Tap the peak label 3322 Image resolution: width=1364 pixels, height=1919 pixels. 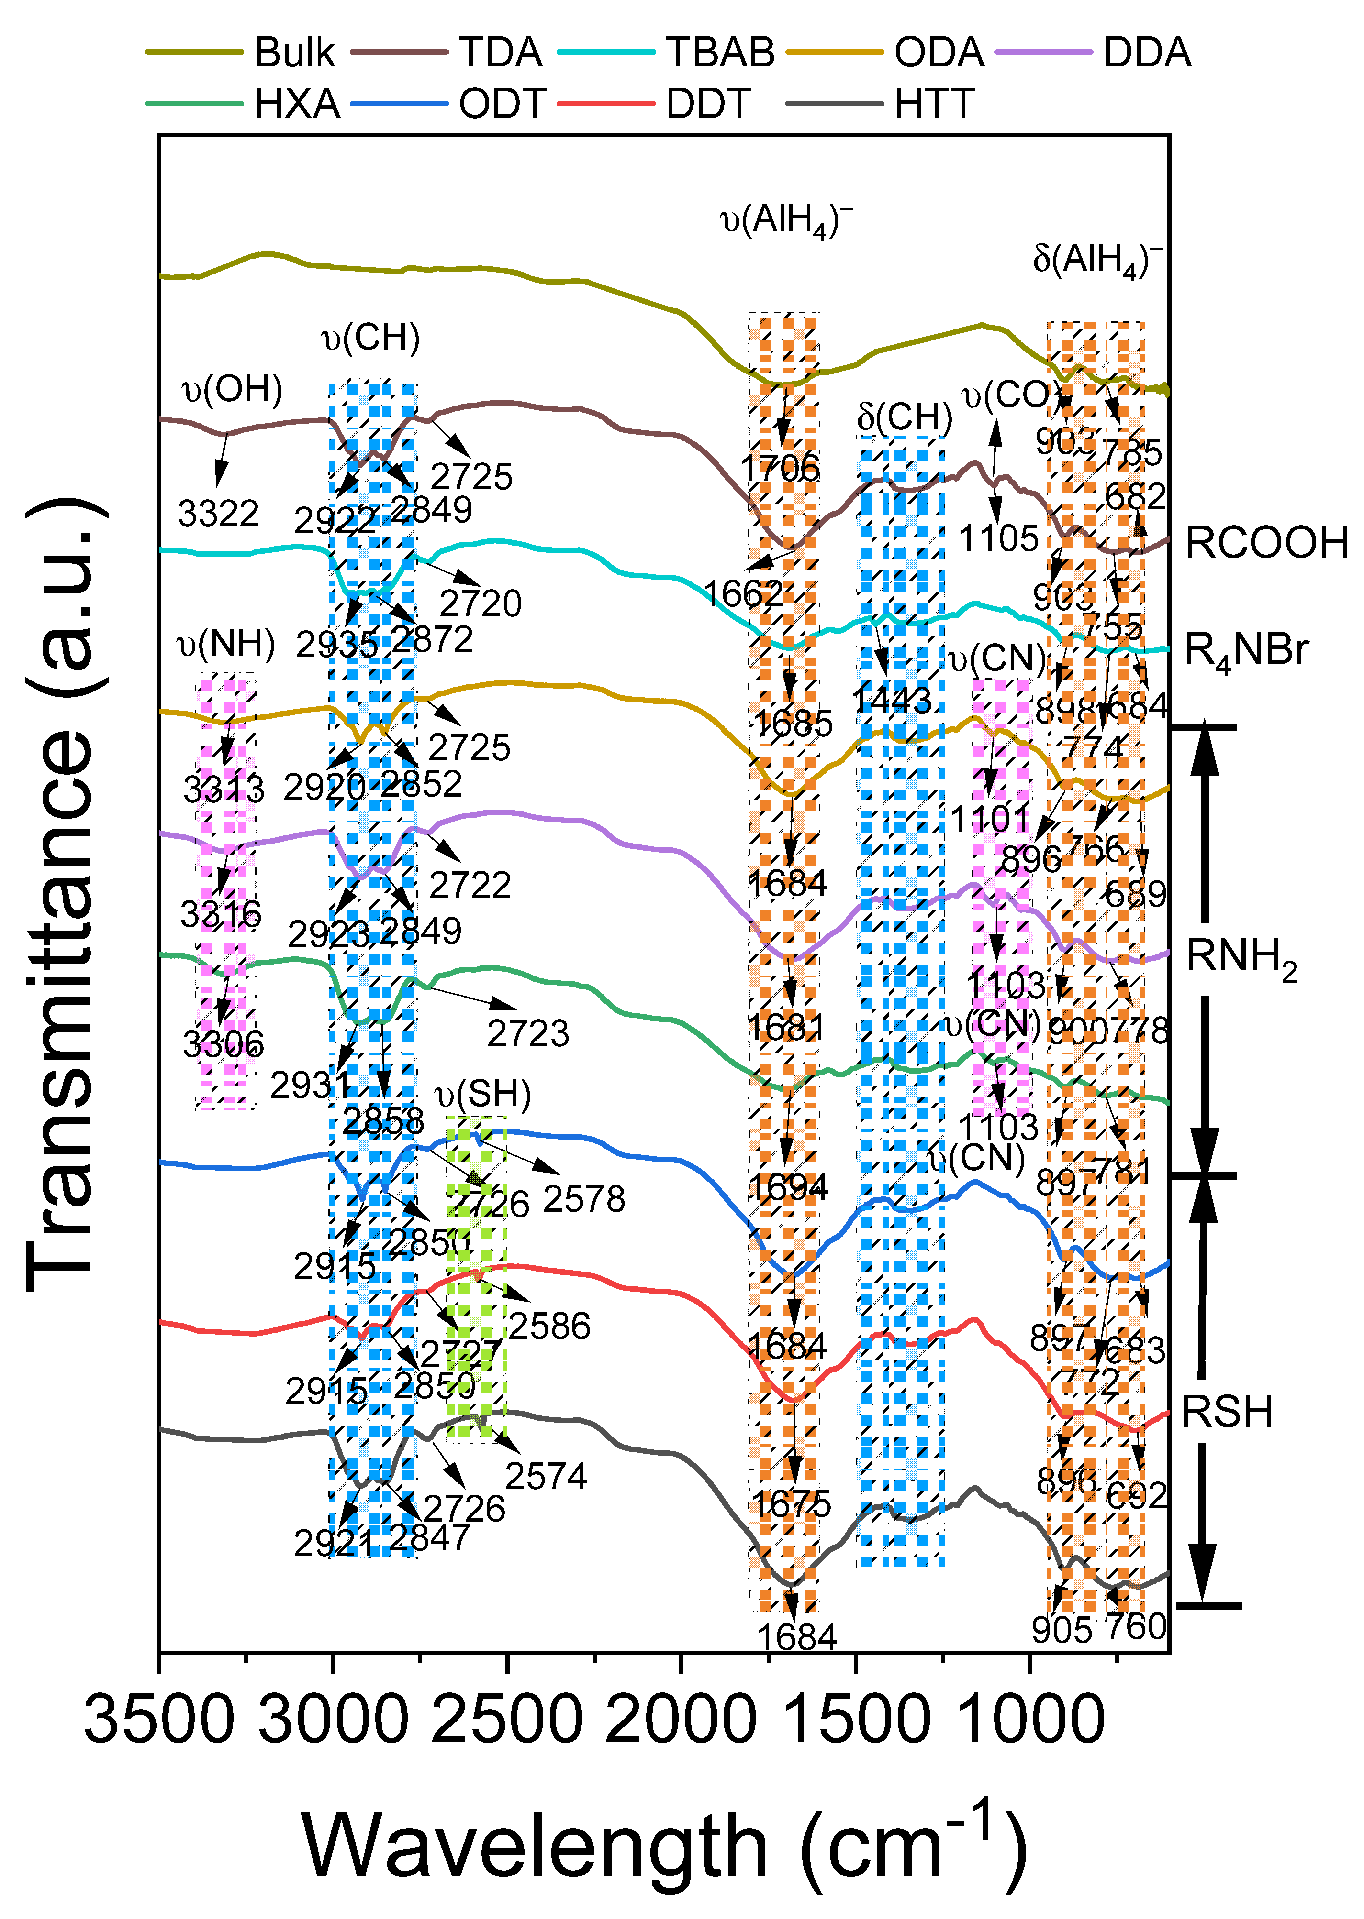[218, 513]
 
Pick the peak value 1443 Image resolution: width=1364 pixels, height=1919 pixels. [892, 700]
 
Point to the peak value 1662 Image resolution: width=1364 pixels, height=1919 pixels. [743, 593]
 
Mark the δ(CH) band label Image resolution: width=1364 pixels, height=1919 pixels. [905, 416]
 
